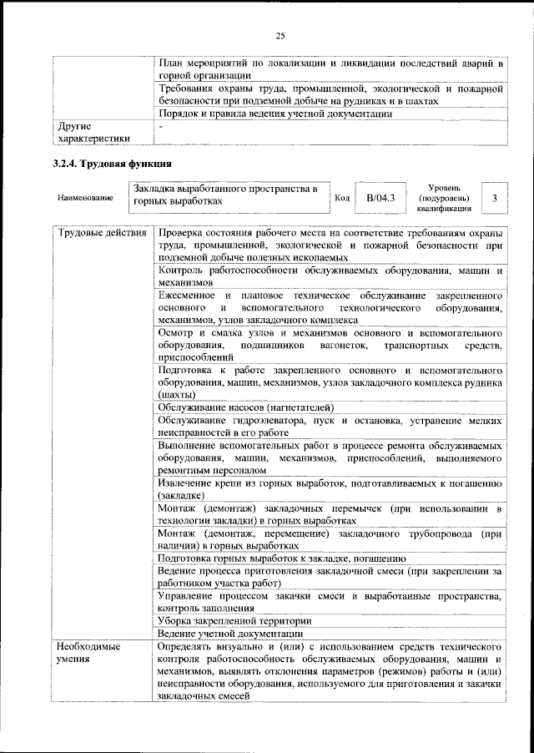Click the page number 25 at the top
click(280, 35)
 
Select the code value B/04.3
click(380, 198)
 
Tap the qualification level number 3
click(495, 198)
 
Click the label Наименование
click(85, 198)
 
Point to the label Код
click(341, 198)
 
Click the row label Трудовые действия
click(101, 233)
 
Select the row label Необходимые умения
click(88, 653)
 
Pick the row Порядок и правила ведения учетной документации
click(275, 114)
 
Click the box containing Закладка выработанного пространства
click(229, 196)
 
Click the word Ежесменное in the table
click(191, 296)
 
